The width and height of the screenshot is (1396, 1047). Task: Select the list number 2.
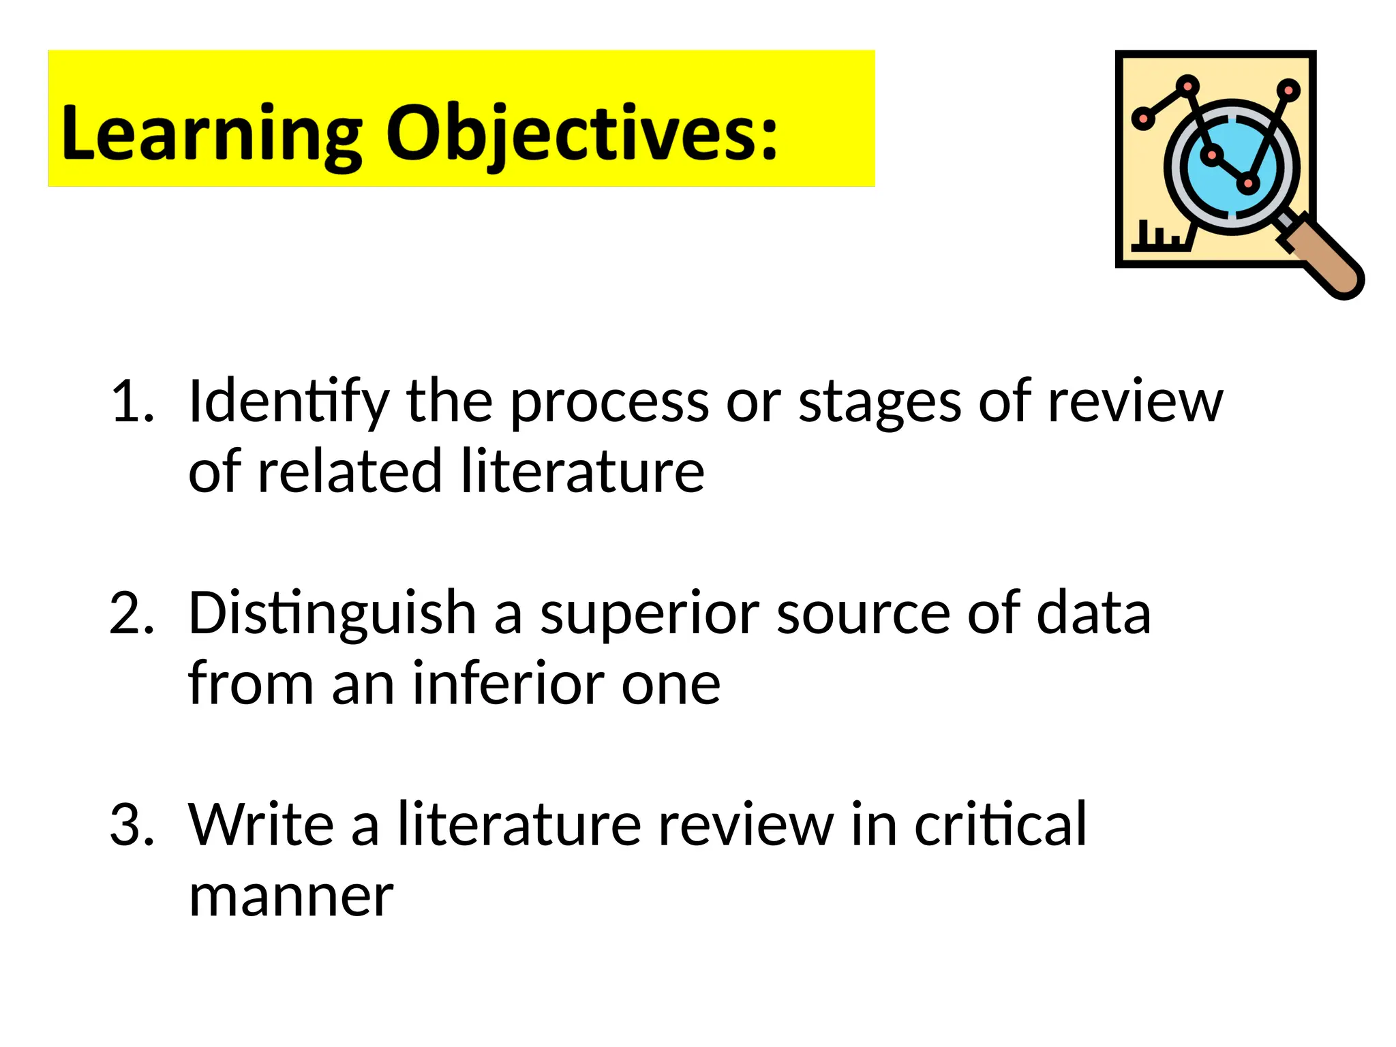[132, 613]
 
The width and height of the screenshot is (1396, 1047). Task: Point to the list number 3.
[132, 825]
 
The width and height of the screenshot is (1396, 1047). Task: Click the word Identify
[289, 402]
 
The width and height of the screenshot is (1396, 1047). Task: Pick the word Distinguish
[332, 614]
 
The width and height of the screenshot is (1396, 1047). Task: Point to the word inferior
[509, 683]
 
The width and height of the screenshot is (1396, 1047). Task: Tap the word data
[1093, 613]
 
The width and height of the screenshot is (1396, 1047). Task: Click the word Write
[261, 825]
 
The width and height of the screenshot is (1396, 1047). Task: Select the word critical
[1000, 825]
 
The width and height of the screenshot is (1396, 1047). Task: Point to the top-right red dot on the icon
[1288, 89]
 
